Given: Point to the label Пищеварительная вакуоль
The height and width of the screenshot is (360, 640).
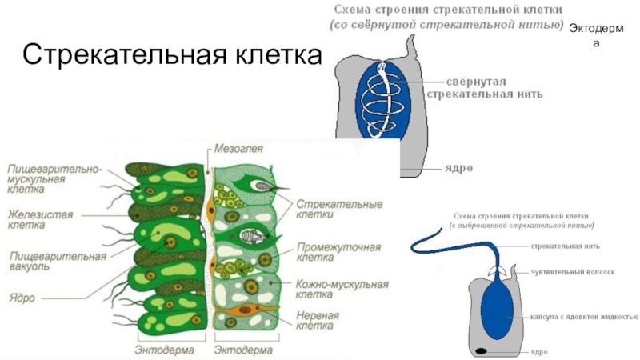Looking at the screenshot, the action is tap(57, 261).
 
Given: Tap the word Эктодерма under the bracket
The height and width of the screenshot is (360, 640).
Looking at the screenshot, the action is tap(243, 350).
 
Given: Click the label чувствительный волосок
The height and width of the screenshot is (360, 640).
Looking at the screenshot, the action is tap(573, 272).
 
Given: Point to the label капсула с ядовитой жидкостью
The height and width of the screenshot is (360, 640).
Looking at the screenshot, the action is tap(583, 316).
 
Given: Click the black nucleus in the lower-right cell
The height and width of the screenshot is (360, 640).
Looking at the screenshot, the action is tap(482, 351).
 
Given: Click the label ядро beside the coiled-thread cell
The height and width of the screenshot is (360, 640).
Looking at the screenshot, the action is tap(458, 169).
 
